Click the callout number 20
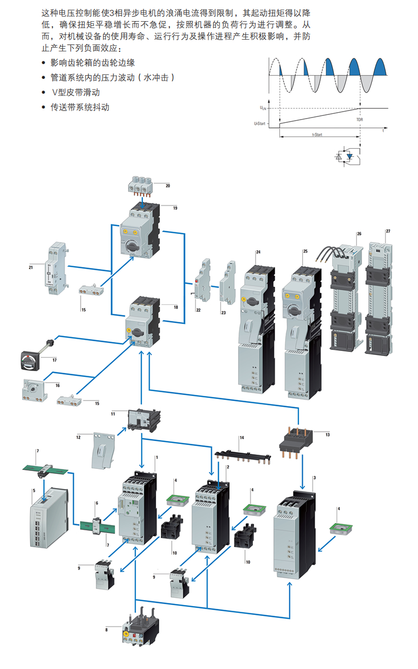[167, 186]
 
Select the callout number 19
[175, 208]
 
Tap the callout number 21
[31, 268]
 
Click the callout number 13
[328, 435]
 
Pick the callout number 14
[241, 438]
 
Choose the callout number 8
[106, 630]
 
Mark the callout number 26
[359, 233]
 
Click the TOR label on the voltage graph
[360, 120]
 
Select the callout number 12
[78, 437]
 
